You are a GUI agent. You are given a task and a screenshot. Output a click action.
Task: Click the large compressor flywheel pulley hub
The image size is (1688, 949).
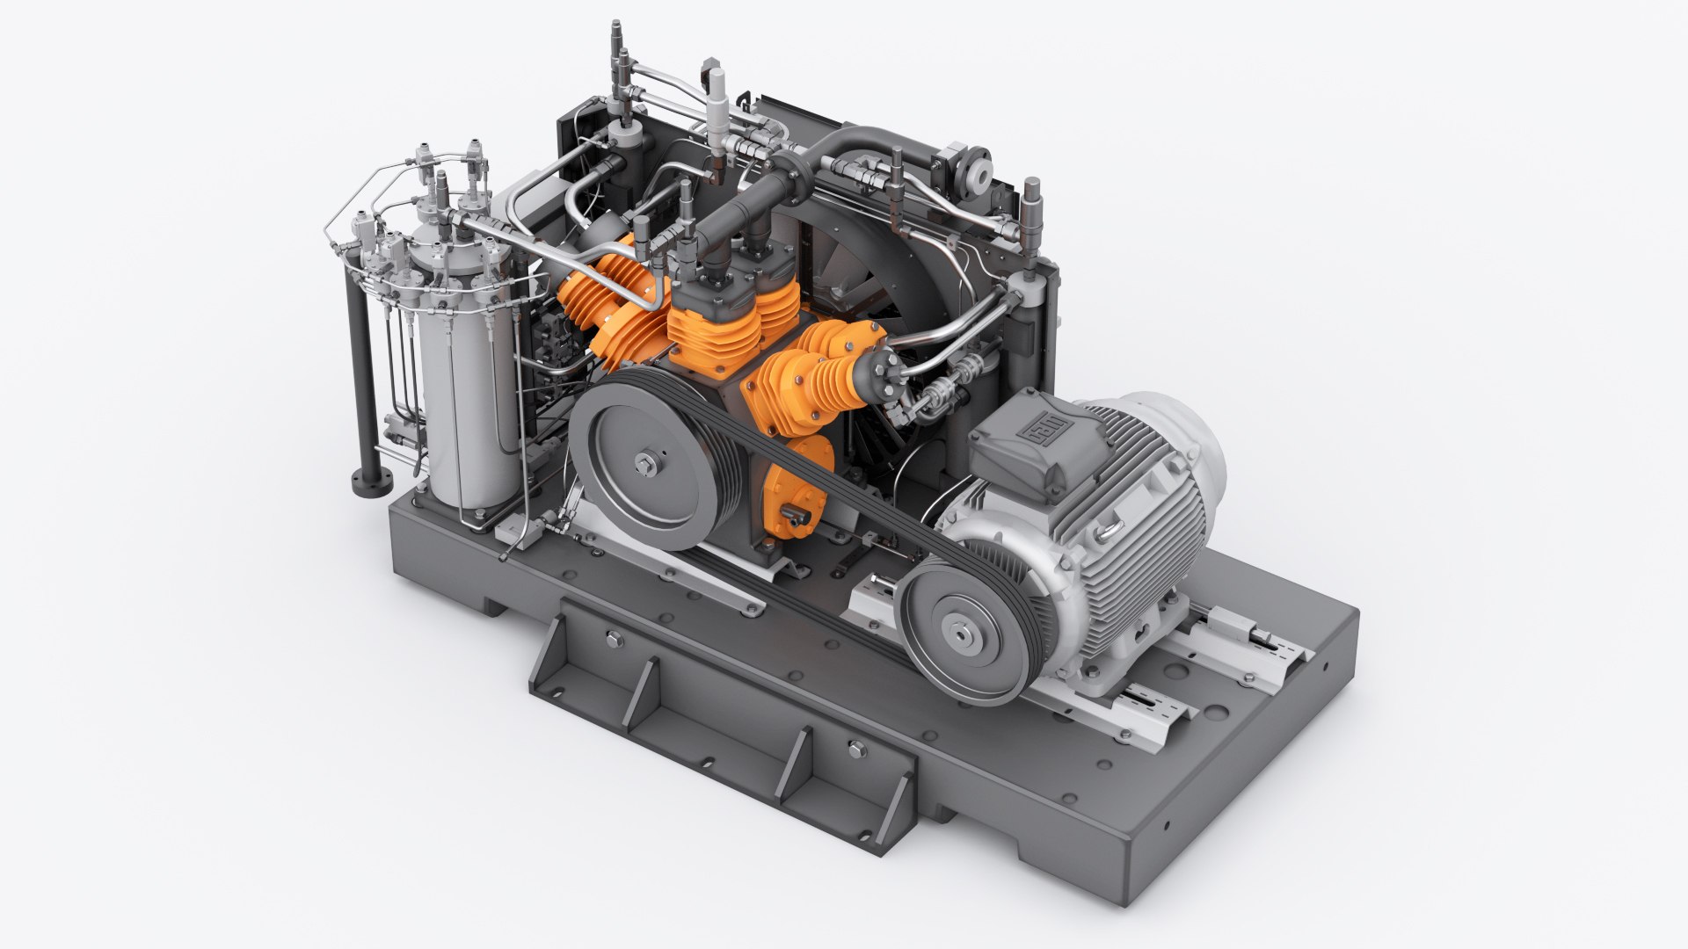[648, 462]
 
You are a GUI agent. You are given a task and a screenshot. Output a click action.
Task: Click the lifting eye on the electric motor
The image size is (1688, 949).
[1111, 526]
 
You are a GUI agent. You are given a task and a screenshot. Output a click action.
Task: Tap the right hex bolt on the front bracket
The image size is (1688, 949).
[857, 750]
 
